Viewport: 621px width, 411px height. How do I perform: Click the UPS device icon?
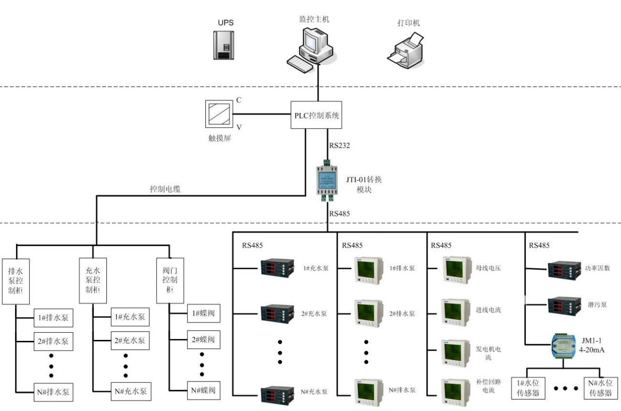(x=224, y=45)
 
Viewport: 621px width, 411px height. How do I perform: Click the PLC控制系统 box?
(x=317, y=115)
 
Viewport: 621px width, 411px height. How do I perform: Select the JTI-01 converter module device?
(x=327, y=179)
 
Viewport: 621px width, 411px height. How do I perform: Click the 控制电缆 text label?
(x=165, y=190)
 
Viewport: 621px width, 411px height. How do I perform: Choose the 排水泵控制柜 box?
(x=16, y=280)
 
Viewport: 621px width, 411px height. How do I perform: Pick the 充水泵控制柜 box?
(x=93, y=280)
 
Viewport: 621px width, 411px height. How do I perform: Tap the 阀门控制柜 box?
(x=169, y=280)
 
